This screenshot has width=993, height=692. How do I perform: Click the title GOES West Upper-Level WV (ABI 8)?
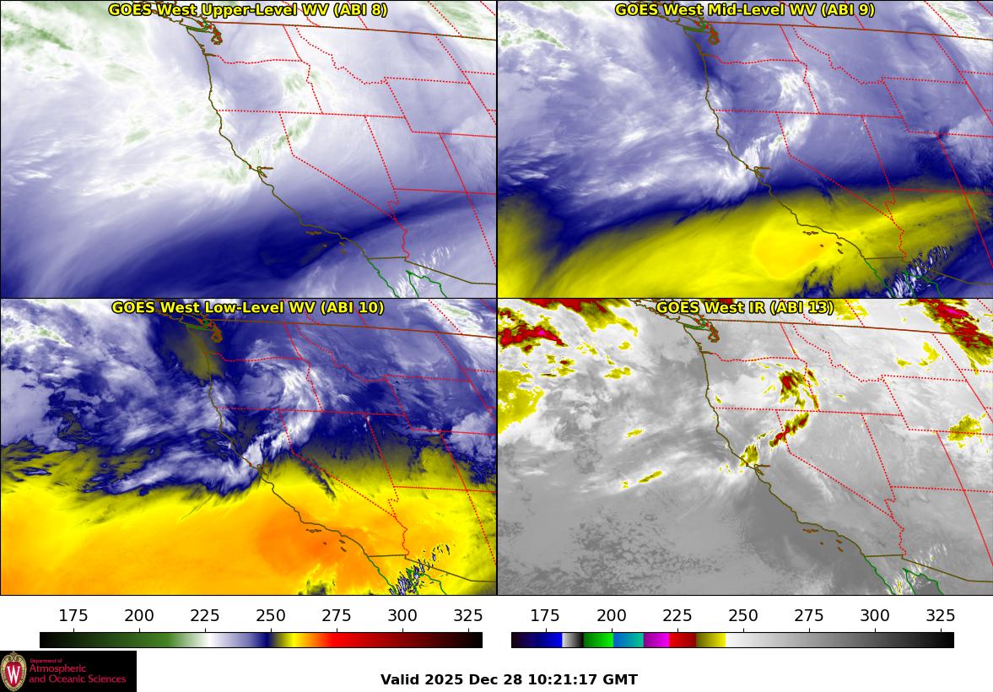[x=247, y=10]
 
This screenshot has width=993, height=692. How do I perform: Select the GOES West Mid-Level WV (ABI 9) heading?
[x=744, y=10]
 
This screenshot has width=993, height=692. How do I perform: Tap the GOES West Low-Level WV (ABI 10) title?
[x=247, y=308]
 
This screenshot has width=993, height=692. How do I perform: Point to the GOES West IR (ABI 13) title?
[x=744, y=308]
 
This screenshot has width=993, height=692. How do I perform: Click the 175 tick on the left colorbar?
[x=73, y=616]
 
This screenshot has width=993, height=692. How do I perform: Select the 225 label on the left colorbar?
[x=205, y=616]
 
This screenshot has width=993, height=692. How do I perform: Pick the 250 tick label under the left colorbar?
[x=271, y=616]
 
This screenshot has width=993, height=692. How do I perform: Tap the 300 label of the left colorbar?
[x=402, y=616]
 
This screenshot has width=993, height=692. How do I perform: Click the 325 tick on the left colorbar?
[x=468, y=616]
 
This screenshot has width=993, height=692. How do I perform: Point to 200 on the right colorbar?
[x=611, y=616]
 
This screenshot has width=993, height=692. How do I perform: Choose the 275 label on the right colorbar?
[x=808, y=616]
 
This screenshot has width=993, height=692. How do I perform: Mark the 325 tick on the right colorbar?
[x=940, y=616]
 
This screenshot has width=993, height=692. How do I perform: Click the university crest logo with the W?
[x=13, y=672]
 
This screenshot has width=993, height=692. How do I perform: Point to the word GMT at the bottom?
[x=621, y=680]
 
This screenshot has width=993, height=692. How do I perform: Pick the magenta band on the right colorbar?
[x=656, y=640]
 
